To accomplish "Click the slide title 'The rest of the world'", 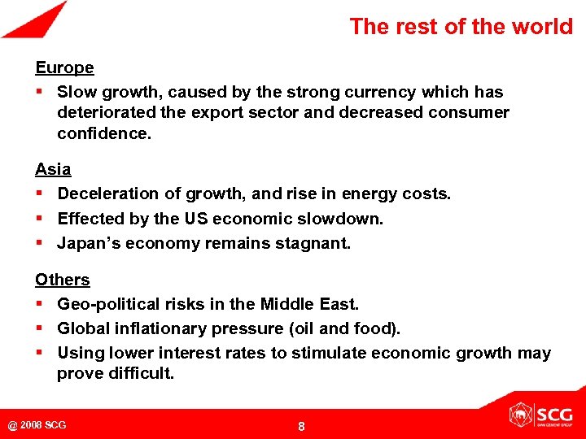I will (461, 26).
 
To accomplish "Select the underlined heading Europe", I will (64, 67).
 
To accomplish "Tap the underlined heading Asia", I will (53, 169).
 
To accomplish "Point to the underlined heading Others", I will (62, 280).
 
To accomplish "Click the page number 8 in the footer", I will (301, 426).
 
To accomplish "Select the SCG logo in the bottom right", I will (540, 415).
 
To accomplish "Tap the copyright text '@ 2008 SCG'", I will (37, 425).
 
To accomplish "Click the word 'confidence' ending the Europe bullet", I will (103, 133).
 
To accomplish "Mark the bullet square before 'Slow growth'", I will (39, 93).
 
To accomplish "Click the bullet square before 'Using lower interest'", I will (39, 353).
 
